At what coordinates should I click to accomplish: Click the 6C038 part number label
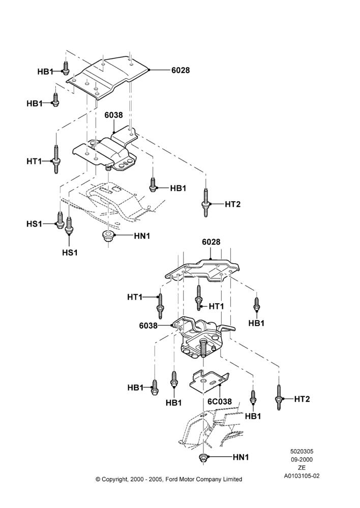tap(220, 402)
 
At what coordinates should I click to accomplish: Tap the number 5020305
tap(302, 451)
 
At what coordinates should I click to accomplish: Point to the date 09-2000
tap(302, 459)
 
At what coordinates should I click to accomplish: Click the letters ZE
tap(302, 467)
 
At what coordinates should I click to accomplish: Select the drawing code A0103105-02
tap(302, 476)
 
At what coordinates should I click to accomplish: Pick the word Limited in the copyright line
tap(231, 479)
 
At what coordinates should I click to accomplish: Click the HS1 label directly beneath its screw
tap(70, 252)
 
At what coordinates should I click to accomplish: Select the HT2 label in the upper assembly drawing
tap(232, 204)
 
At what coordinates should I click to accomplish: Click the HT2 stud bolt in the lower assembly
tap(279, 397)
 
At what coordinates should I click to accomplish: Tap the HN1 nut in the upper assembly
tap(107, 236)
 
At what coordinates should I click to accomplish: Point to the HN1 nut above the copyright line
tap(203, 458)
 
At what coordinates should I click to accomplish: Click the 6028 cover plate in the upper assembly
tap(107, 77)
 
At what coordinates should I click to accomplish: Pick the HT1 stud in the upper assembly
tap(56, 160)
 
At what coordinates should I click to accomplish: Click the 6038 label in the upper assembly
tap(113, 115)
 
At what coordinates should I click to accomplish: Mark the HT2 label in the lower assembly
tap(302, 399)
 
